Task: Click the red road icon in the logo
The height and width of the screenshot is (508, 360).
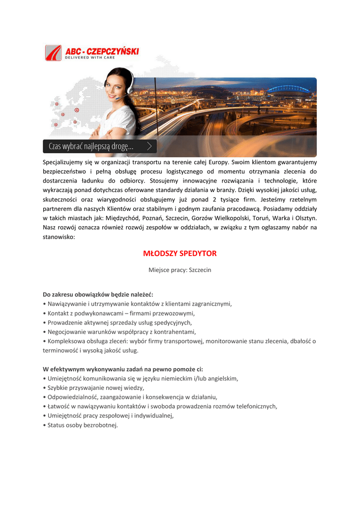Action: click(53, 53)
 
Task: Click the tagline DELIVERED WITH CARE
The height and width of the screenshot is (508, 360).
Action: click(90, 58)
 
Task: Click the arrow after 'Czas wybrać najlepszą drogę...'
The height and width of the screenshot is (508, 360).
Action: click(149, 146)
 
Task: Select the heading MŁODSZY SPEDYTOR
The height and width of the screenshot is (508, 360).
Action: click(180, 254)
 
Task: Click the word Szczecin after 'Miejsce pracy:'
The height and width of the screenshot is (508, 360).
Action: click(200, 270)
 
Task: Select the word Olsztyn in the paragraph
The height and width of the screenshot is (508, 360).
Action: click(305, 218)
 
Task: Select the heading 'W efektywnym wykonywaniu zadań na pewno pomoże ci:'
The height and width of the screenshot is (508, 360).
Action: click(123, 369)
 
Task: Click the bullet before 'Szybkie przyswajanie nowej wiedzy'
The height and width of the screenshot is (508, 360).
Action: click(45, 387)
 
